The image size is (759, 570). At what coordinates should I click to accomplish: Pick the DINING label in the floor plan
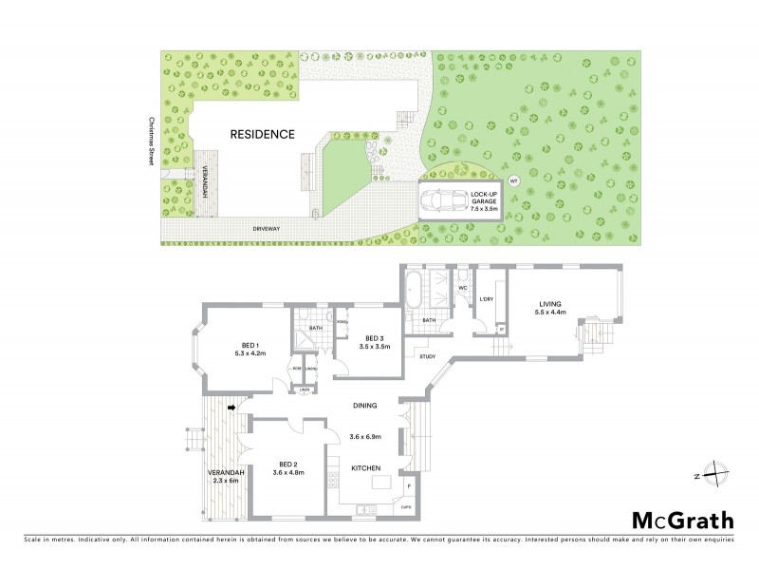coord(365,406)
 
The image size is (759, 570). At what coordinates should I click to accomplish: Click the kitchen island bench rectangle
coord(381,484)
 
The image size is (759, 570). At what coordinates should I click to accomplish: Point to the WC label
coord(463,286)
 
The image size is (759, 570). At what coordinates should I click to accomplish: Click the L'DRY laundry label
coord(487,300)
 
